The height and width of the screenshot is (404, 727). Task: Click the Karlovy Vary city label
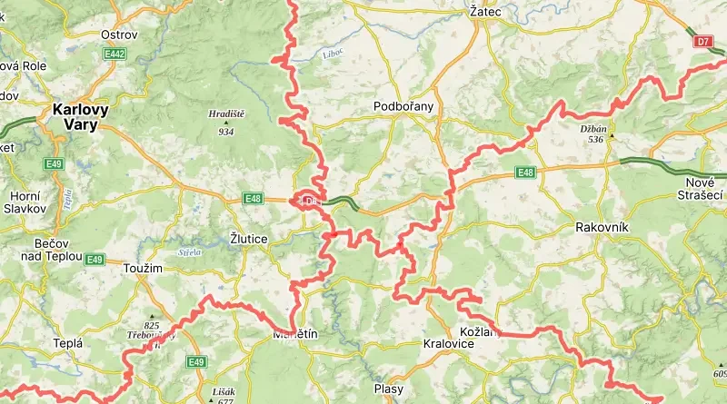click(x=80, y=117)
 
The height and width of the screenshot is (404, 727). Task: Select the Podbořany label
click(x=403, y=106)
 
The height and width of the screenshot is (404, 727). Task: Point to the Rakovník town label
click(x=596, y=226)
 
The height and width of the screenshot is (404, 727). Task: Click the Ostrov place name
click(x=119, y=35)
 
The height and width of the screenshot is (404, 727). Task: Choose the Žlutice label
click(x=249, y=239)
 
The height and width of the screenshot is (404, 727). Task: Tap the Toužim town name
click(x=143, y=269)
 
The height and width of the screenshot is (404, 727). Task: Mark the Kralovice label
click(x=448, y=344)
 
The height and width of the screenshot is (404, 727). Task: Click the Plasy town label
click(x=388, y=389)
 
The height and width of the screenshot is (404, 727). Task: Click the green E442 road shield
click(x=114, y=55)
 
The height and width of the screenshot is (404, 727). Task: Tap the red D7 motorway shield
click(x=702, y=42)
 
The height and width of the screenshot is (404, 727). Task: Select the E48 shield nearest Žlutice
click(x=253, y=199)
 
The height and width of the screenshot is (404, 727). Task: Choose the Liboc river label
click(x=334, y=54)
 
